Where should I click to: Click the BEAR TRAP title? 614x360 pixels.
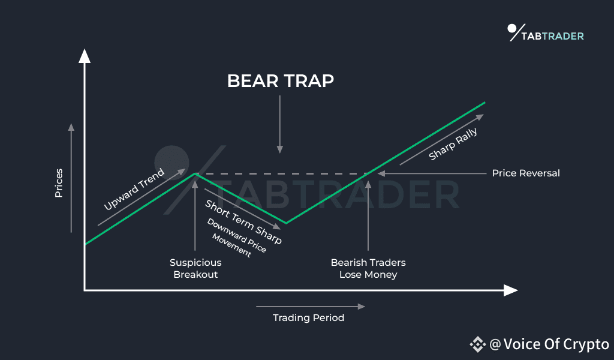click(x=281, y=81)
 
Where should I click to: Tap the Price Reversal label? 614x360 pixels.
click(x=526, y=173)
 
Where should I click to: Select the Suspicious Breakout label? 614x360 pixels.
click(x=195, y=268)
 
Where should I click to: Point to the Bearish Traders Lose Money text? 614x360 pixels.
click(x=368, y=268)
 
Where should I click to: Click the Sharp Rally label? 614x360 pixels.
click(x=453, y=144)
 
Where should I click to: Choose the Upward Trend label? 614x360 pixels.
click(x=134, y=190)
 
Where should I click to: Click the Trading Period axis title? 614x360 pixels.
click(x=309, y=317)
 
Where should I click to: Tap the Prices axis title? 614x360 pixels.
click(x=59, y=183)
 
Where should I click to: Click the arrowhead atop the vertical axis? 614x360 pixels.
click(x=85, y=56)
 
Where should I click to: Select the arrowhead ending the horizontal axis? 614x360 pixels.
click(x=511, y=290)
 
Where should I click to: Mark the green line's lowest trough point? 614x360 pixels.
click(x=286, y=223)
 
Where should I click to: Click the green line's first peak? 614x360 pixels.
click(x=195, y=173)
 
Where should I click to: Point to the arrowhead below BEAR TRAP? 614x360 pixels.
click(x=280, y=149)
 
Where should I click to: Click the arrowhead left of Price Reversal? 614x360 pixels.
click(x=381, y=173)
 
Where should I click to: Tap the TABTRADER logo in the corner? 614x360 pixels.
click(x=546, y=33)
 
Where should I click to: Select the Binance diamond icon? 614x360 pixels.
click(x=478, y=344)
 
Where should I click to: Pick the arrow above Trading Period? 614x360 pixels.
click(x=311, y=307)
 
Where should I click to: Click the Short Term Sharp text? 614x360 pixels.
click(x=243, y=222)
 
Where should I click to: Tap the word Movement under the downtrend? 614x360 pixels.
click(x=231, y=245)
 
